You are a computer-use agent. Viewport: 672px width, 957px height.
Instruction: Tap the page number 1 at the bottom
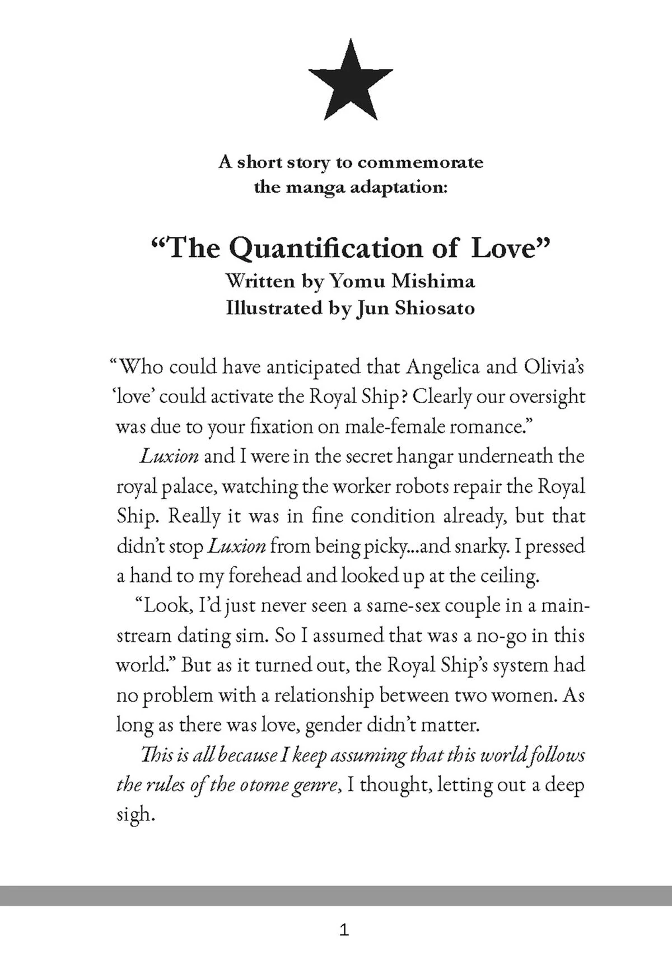coord(344,930)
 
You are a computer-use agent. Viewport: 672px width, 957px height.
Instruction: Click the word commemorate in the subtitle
coord(420,162)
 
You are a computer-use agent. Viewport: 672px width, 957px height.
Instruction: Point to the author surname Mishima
coord(432,281)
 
